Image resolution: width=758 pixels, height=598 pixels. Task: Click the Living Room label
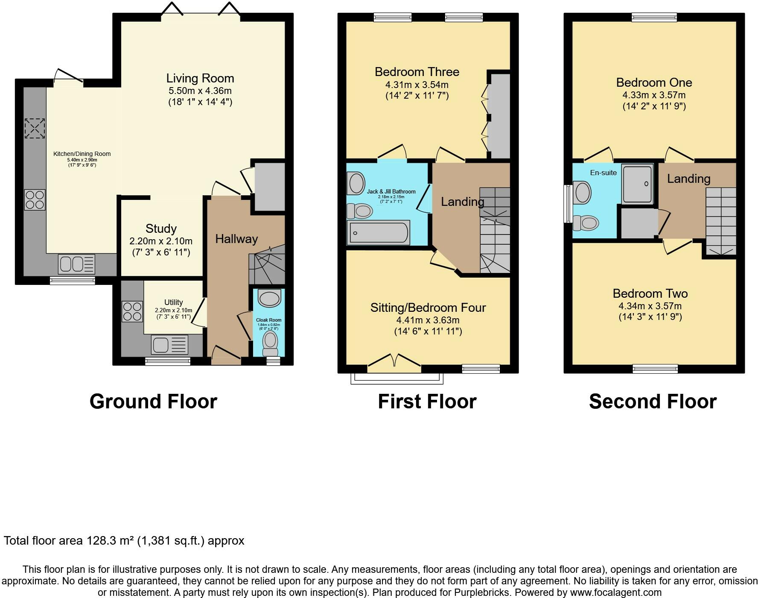pos(200,78)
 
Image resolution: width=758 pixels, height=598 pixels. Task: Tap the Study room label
pos(161,229)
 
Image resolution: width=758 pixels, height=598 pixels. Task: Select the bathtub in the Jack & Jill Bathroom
pos(378,232)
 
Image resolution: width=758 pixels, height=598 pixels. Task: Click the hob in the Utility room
pos(132,311)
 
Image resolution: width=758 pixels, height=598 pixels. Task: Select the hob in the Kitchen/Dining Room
pos(35,200)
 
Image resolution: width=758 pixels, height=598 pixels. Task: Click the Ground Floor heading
pos(154,402)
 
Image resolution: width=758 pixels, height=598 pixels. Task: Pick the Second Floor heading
pos(653,402)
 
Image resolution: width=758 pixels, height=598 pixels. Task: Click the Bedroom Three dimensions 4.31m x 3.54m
pos(417,85)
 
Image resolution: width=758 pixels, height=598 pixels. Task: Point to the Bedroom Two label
pos(650,293)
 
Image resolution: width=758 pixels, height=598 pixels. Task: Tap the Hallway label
pos(236,239)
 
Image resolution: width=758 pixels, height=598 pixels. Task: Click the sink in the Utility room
pos(169,345)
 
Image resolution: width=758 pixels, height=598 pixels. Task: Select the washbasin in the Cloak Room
pos(269,298)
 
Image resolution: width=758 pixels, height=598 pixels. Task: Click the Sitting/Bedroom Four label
pos(428,308)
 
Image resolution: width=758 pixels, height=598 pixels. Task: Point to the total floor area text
pos(124,541)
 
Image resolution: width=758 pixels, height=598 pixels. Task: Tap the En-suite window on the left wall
pos(568,204)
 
